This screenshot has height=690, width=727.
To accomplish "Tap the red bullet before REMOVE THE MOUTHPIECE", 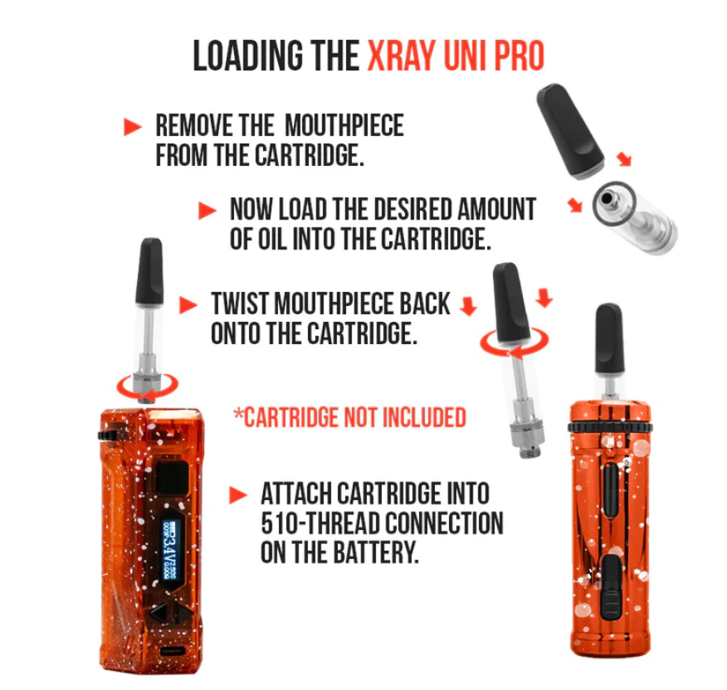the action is (x=133, y=127).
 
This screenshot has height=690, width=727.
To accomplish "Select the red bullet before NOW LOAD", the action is (x=207, y=211).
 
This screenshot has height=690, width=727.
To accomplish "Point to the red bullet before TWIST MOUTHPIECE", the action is (x=188, y=305).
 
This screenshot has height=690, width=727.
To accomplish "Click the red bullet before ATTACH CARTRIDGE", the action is (x=238, y=495).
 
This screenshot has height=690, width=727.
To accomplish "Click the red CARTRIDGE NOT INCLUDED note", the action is (x=350, y=417).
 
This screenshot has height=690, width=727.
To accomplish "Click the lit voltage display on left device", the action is (x=169, y=551).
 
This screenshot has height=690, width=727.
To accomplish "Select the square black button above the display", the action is (x=171, y=479).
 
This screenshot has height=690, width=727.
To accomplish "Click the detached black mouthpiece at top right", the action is (x=570, y=131).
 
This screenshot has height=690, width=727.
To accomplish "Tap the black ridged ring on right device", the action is (x=610, y=428).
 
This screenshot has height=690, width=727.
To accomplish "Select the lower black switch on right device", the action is (x=612, y=587).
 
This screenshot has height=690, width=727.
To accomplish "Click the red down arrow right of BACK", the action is (x=468, y=306).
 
